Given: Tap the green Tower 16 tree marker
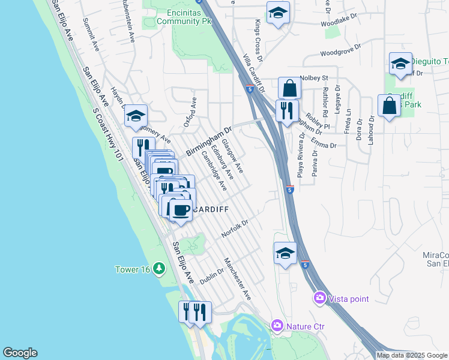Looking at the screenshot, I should [x=159, y=268].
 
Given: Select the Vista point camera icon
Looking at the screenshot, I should [x=319, y=298].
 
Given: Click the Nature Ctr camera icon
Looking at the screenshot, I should [x=277, y=326].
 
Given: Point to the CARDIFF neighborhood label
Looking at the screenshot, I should [x=211, y=209].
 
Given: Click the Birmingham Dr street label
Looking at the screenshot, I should [x=208, y=141].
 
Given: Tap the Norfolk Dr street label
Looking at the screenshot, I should [x=235, y=228].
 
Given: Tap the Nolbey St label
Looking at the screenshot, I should [x=315, y=77].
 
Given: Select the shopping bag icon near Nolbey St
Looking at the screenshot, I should [x=289, y=88].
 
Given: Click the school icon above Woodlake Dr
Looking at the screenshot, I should [x=278, y=13].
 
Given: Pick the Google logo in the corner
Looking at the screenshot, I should [x=20, y=353].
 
